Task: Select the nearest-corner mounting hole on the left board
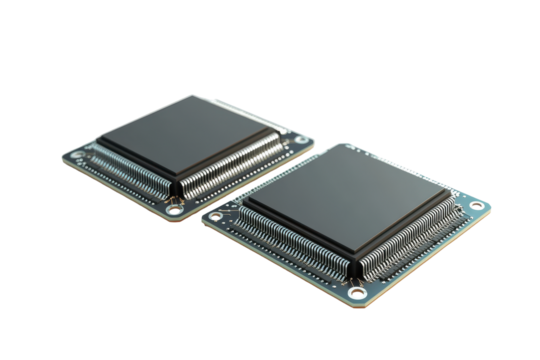pos(176,209)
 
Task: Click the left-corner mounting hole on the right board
pos(212,215)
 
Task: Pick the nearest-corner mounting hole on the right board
pos(354,292)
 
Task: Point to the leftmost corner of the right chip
pos(245,205)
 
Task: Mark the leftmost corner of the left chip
pos(100,144)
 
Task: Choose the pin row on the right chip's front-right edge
pos(405,240)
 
